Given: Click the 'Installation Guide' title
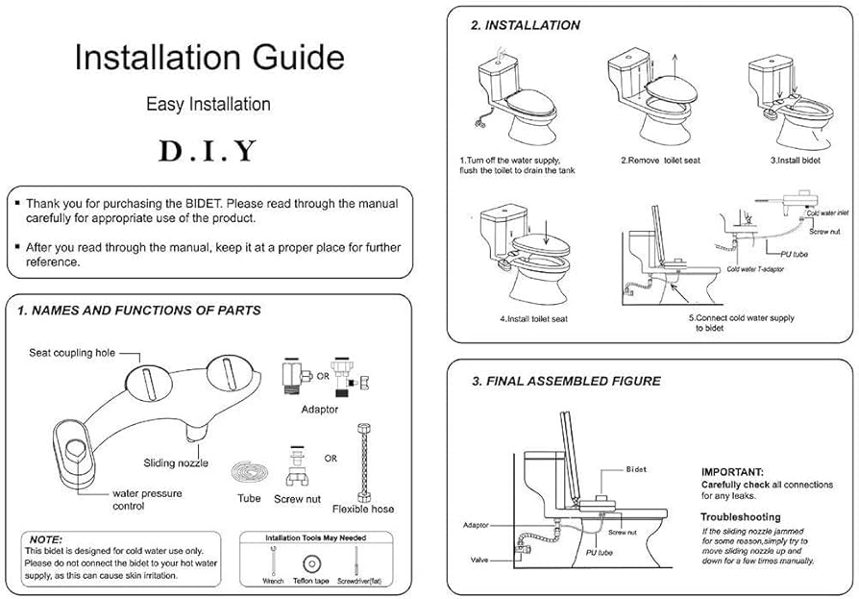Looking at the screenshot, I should [x=209, y=57].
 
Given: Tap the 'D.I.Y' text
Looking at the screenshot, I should [x=209, y=150].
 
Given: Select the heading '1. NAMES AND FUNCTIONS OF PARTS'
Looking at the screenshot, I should [x=138, y=311].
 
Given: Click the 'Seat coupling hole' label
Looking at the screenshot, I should [x=71, y=353].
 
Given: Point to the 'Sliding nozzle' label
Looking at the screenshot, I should [x=176, y=462].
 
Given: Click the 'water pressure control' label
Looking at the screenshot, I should [x=146, y=499].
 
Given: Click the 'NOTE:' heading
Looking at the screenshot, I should [x=46, y=539].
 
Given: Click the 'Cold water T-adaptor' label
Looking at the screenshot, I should [x=754, y=269].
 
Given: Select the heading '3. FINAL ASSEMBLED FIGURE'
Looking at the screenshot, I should [x=566, y=381].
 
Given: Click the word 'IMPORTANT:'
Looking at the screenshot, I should [x=732, y=472].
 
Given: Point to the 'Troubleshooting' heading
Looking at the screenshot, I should [x=740, y=517].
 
